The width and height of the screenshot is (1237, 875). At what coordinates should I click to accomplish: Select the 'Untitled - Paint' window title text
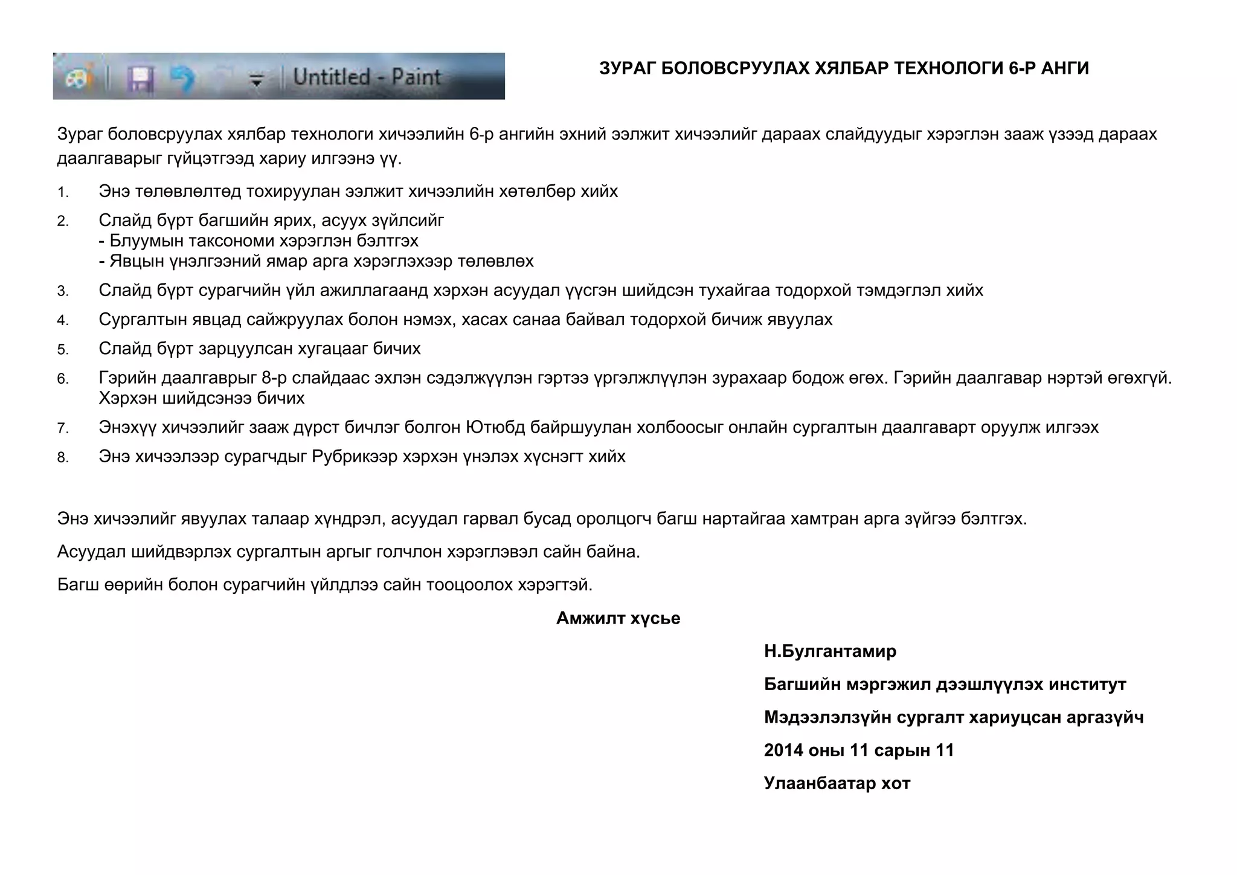pyautogui.click(x=367, y=77)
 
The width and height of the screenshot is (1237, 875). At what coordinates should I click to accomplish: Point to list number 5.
pyautogui.click(x=63, y=350)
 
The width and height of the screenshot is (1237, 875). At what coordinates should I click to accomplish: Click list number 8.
pyautogui.click(x=63, y=457)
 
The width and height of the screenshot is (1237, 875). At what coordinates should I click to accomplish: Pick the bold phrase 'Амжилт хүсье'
pyautogui.click(x=618, y=618)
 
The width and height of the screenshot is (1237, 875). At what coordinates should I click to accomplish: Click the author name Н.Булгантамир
pyautogui.click(x=830, y=651)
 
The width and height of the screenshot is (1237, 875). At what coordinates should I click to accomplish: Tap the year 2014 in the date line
pyautogui.click(x=783, y=751)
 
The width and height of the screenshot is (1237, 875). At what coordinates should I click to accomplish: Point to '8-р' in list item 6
pyautogui.click(x=274, y=378)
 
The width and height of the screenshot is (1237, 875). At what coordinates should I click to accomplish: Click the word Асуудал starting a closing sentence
pyautogui.click(x=91, y=552)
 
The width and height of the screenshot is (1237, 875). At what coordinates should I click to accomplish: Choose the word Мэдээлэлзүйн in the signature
pyautogui.click(x=827, y=718)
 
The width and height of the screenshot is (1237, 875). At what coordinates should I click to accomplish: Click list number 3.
pyautogui.click(x=63, y=292)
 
